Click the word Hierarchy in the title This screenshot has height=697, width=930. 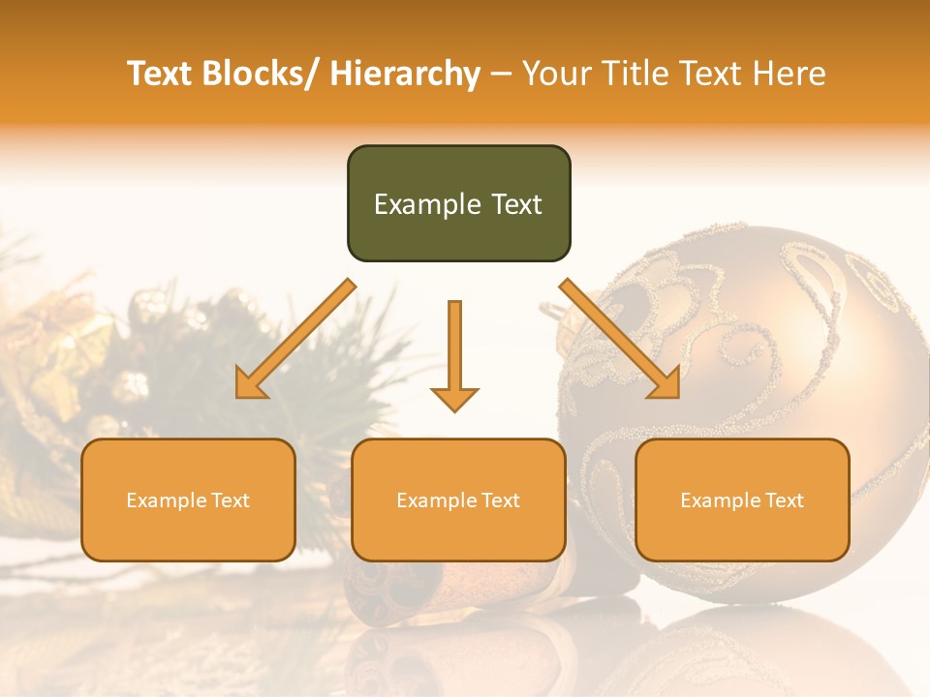(x=405, y=74)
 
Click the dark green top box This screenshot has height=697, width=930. (x=458, y=203)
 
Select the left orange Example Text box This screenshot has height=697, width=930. (x=188, y=500)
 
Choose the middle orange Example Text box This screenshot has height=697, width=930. (x=458, y=500)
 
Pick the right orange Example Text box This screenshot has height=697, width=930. (x=742, y=500)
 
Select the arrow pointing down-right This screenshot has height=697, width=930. (x=620, y=339)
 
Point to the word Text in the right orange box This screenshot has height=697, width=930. (x=784, y=500)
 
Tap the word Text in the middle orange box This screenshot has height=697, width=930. (x=500, y=500)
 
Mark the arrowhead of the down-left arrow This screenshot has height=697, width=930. (x=250, y=384)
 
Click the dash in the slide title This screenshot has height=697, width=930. (x=501, y=75)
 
